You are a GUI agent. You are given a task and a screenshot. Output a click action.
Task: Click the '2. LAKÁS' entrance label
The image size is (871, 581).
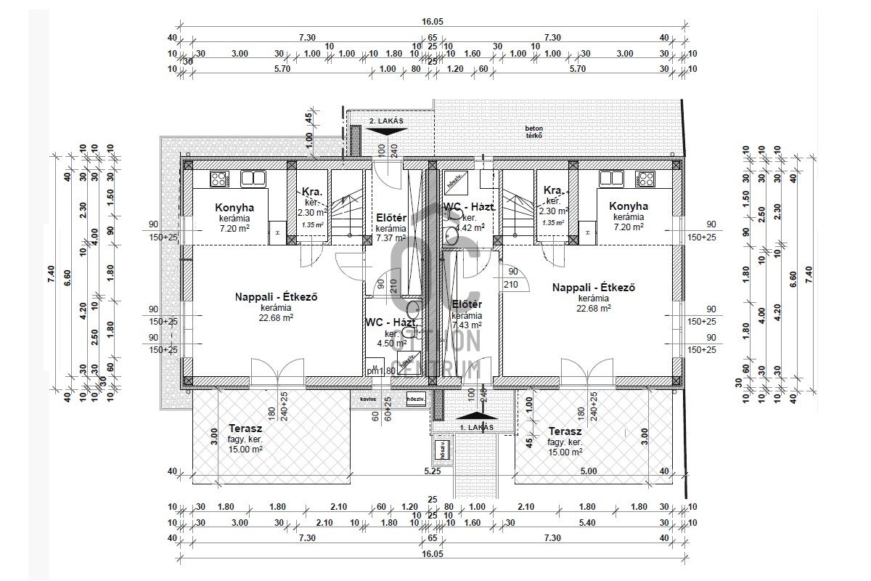click(x=385, y=120)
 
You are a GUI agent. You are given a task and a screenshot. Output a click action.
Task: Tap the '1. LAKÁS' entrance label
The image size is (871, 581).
click(x=477, y=428)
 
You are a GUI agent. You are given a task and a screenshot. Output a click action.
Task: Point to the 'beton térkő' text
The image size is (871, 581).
click(x=535, y=131)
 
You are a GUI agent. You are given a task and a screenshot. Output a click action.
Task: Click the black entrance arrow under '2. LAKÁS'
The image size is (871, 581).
click(x=385, y=131)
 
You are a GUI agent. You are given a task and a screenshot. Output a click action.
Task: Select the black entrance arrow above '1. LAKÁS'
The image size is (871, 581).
click(x=477, y=416)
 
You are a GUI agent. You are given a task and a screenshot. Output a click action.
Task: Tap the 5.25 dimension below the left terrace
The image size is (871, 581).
click(x=433, y=471)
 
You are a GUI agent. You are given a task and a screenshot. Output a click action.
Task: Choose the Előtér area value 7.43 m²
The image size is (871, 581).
click(x=467, y=325)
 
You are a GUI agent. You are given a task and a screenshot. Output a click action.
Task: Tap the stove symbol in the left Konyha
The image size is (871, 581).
click(x=219, y=177)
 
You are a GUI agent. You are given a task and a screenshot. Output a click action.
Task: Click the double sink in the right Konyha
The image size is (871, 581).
click(x=611, y=177)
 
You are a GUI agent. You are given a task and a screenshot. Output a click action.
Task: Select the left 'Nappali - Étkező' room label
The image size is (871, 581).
click(x=277, y=296)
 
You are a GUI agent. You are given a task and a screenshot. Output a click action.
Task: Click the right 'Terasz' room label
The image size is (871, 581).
click(x=565, y=431)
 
